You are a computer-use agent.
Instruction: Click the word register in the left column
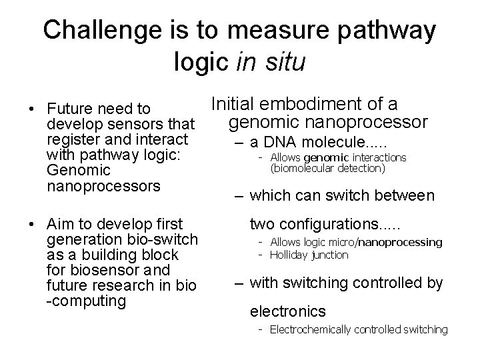[x=73, y=139]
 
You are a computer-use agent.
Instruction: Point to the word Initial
[x=233, y=104]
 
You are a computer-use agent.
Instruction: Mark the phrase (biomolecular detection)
[x=327, y=169]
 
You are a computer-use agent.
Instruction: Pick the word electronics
[x=287, y=311]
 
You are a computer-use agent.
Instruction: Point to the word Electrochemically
[x=309, y=329]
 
